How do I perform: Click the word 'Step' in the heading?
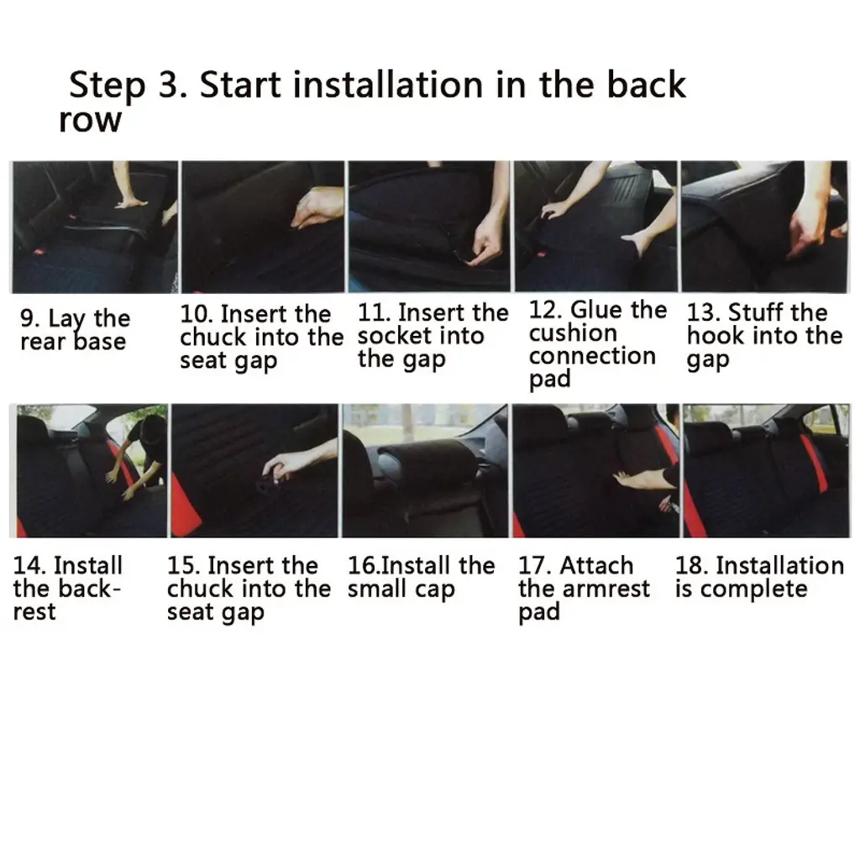click(x=107, y=87)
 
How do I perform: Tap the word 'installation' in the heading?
click(x=388, y=85)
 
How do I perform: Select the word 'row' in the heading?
click(x=90, y=121)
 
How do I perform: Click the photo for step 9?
click(x=94, y=227)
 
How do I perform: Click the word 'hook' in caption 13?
click(x=712, y=336)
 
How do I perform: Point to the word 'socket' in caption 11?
click(x=391, y=336)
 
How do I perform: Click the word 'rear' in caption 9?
click(x=42, y=343)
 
